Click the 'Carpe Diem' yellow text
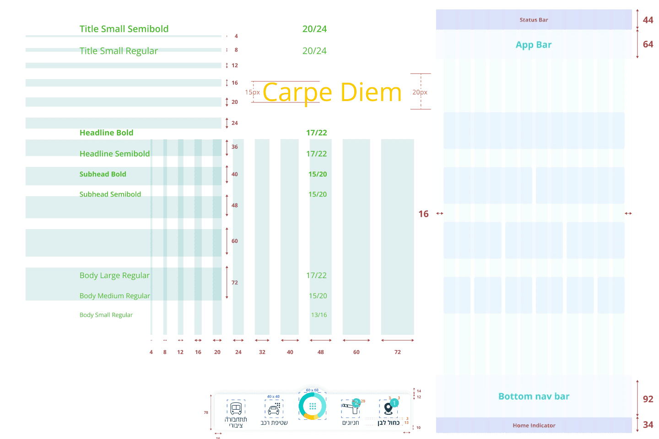click(x=332, y=92)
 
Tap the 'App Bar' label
click(x=534, y=45)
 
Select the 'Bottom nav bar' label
click(x=534, y=396)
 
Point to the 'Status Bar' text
click(x=534, y=20)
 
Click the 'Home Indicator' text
click(x=534, y=425)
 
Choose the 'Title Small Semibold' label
click(x=124, y=29)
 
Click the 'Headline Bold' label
click(x=106, y=133)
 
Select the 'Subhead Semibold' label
click(x=110, y=194)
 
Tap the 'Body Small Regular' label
click(x=106, y=315)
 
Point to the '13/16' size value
click(x=319, y=315)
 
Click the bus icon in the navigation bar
click(x=236, y=407)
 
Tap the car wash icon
click(x=274, y=408)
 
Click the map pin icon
click(x=389, y=407)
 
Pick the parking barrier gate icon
click(x=350, y=407)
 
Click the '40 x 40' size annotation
click(x=273, y=396)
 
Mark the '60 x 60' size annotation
click(x=312, y=390)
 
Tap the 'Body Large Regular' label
click(x=114, y=275)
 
